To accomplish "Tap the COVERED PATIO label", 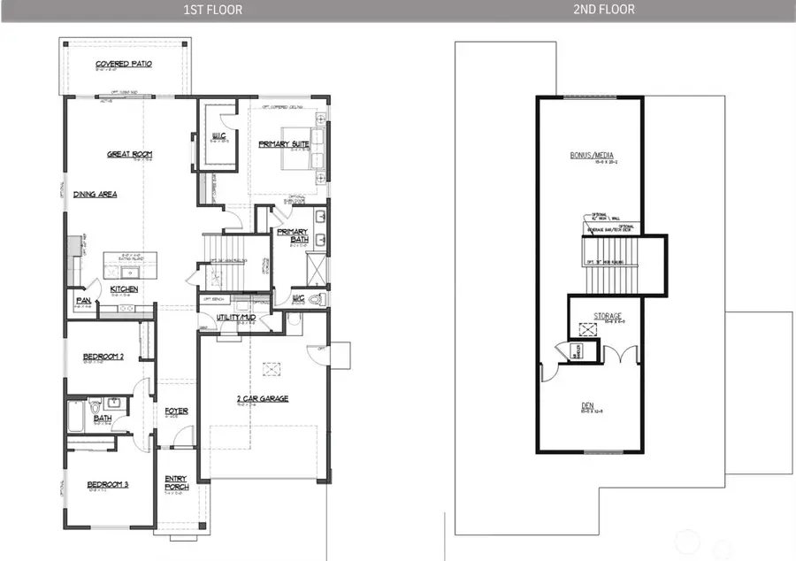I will tap(123, 65).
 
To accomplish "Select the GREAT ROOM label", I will tap(130, 154).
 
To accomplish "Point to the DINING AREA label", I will tap(96, 194).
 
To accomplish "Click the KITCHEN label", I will tap(124, 289).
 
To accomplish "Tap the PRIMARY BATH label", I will tap(292, 235).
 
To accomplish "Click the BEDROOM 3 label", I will tap(108, 484).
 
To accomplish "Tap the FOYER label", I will tap(176, 411).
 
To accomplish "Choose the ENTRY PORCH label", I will tap(176, 484).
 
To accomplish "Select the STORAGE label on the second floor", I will tap(607, 316).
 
